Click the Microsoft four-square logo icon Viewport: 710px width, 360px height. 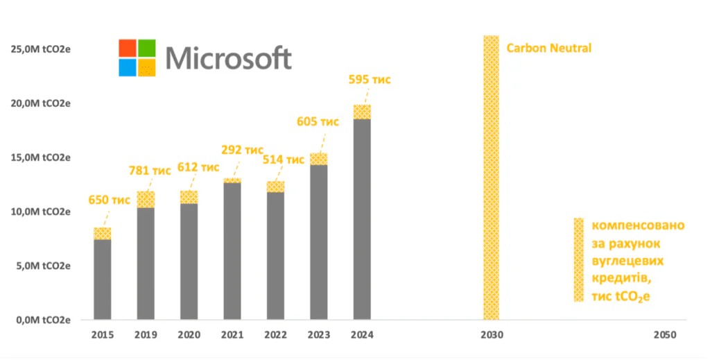pos(137,58)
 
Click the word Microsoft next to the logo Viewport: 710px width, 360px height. pos(229,58)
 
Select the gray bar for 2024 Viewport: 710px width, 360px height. pos(362,219)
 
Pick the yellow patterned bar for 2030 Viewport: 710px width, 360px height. pos(491,178)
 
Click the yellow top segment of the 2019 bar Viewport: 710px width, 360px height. pos(146,200)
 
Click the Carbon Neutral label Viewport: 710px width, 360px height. pos(548,49)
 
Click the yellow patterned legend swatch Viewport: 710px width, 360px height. pos(578,259)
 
